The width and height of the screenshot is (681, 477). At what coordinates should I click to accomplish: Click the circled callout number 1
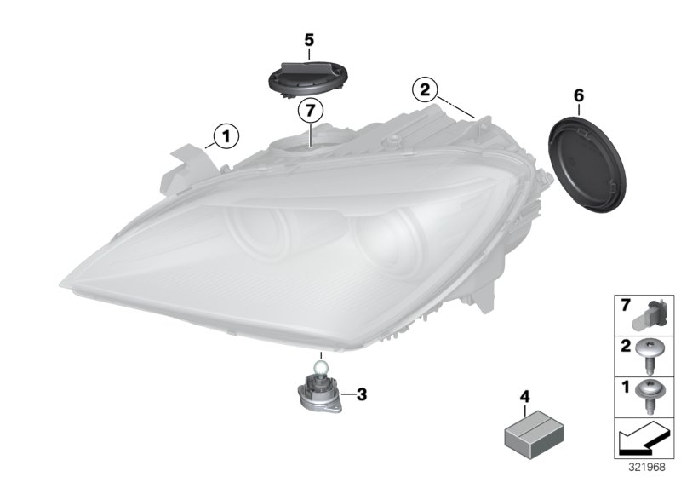(226, 135)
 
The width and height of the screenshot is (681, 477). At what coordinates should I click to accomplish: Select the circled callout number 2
(426, 89)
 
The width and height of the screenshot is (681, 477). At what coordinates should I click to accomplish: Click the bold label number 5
(309, 39)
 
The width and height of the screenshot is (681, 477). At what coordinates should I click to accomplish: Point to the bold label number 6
(578, 97)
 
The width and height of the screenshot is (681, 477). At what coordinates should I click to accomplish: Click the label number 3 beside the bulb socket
(361, 394)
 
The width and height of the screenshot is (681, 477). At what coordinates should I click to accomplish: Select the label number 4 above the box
(524, 397)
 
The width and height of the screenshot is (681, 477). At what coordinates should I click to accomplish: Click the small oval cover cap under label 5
(309, 77)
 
